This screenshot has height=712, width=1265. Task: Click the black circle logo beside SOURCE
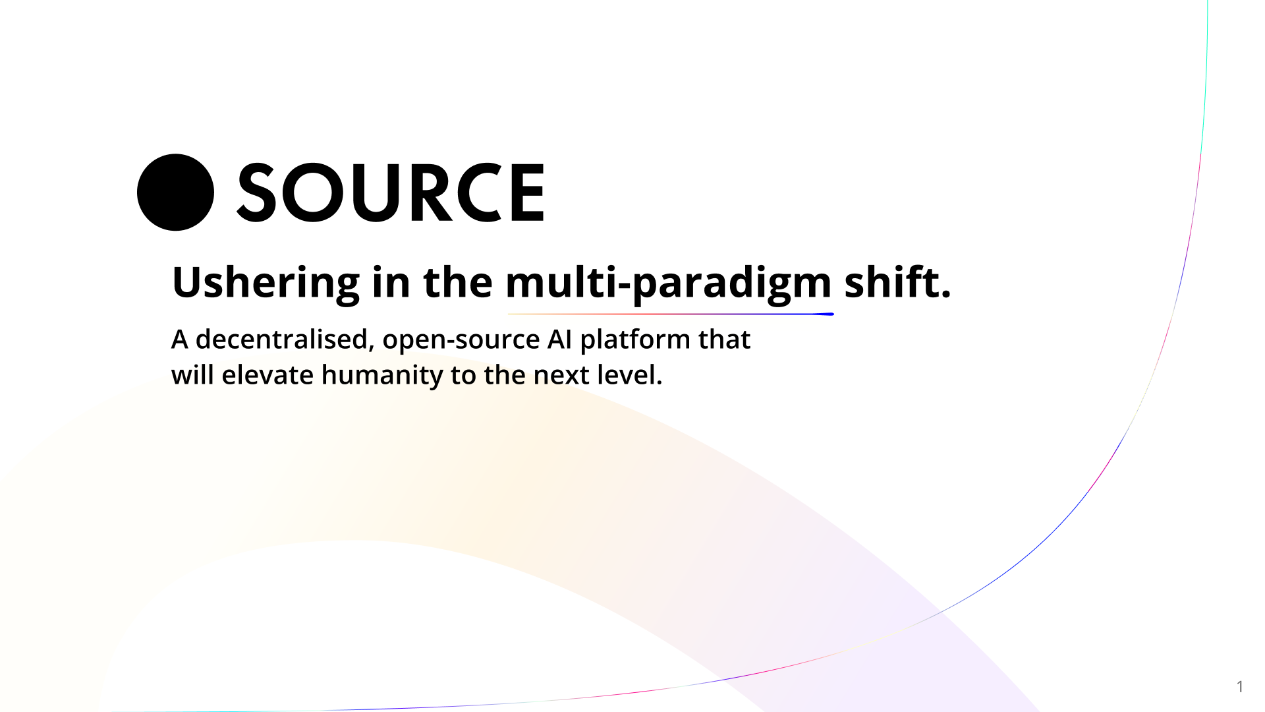tap(175, 193)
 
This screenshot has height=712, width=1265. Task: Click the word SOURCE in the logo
tap(391, 193)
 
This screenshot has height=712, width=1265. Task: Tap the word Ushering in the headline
tap(266, 283)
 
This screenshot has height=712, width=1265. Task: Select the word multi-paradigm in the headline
tap(668, 283)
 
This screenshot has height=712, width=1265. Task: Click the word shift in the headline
tap(892, 282)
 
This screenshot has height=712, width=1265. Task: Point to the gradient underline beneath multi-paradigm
tap(670, 314)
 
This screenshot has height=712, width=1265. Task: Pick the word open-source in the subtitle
tap(461, 340)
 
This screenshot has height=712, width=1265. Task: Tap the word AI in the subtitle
tap(559, 340)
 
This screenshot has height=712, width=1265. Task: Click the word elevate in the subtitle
tap(267, 375)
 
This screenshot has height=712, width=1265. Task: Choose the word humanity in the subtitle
tap(382, 376)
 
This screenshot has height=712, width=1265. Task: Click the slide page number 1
tap(1239, 687)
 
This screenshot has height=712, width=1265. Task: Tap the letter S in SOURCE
tap(256, 193)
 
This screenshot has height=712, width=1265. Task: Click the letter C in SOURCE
tap(477, 193)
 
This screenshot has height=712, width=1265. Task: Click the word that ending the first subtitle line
tap(724, 340)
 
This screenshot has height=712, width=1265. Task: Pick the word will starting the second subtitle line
tap(192, 375)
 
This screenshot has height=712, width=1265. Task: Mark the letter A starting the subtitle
tap(179, 340)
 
